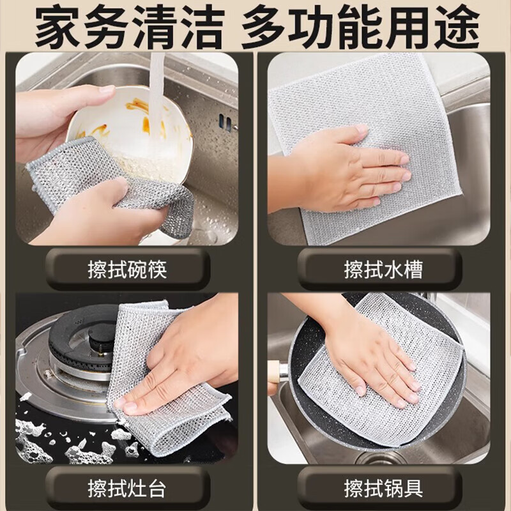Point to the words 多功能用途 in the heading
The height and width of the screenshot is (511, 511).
point(360,27)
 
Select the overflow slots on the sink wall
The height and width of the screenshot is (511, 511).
point(225,121)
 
